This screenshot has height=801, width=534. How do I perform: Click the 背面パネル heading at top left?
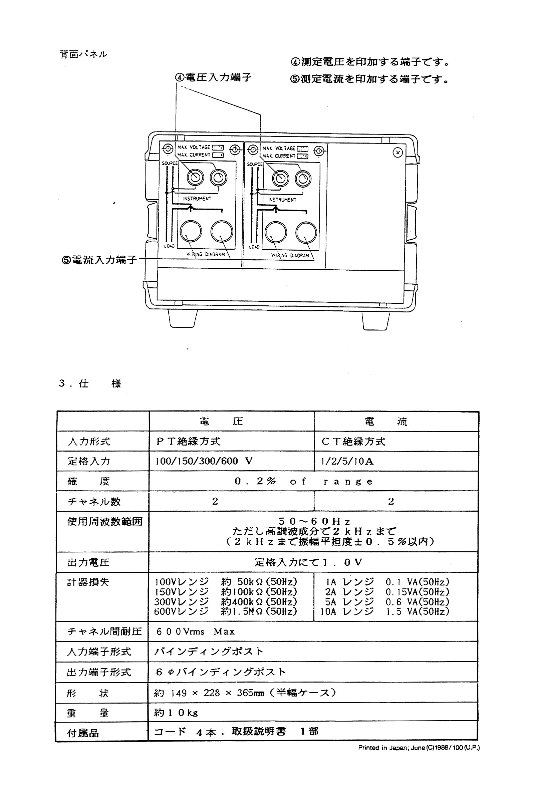point(83,54)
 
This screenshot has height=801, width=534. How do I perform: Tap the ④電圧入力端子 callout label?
point(213,78)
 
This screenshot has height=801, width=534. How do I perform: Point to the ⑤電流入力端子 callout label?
point(99,260)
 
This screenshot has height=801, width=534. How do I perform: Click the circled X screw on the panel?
point(397,152)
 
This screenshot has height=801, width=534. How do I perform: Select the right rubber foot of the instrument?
point(376,320)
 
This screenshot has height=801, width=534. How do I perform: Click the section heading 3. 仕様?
point(90,383)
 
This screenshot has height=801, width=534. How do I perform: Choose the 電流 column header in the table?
point(386,422)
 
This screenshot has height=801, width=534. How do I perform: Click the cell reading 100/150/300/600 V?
point(204,461)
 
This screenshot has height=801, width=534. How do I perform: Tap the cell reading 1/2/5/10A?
point(347,462)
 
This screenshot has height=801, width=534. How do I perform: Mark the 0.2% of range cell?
point(304,481)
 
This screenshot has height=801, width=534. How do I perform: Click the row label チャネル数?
point(94,501)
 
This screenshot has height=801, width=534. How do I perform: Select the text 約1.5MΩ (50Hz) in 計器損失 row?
point(259,611)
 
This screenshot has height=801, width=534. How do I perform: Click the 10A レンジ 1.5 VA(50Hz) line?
point(384,611)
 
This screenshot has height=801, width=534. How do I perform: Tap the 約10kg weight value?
point(176,713)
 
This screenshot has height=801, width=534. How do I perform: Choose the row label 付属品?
point(83,733)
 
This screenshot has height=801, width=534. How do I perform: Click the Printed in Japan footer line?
point(419,748)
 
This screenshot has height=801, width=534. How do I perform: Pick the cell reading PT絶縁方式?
point(188,441)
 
